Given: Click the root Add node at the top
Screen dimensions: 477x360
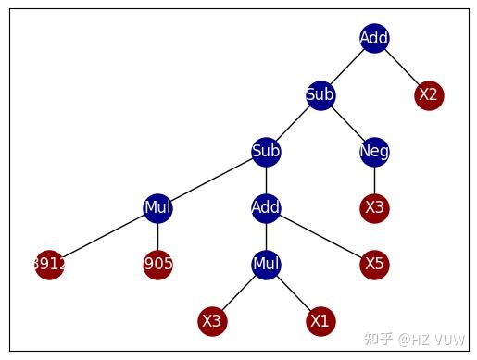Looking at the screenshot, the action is point(374,38).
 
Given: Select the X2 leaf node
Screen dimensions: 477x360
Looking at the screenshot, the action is point(428,94).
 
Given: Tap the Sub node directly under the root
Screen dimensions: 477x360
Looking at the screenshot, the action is point(320,94).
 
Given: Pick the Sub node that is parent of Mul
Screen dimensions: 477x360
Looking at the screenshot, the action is point(266,151).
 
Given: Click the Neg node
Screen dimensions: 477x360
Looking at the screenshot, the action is point(374,151).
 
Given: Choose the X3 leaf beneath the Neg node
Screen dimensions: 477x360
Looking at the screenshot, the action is point(374,207).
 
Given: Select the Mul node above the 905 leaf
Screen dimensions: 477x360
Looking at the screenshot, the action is point(157,207).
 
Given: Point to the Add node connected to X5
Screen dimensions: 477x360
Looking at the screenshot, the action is point(266,207).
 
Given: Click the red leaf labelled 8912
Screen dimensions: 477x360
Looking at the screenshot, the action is point(48,264).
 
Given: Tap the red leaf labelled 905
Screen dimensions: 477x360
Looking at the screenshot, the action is point(157,264).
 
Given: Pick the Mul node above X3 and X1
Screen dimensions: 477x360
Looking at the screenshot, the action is point(266,264).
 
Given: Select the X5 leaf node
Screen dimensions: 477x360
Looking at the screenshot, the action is point(374,264).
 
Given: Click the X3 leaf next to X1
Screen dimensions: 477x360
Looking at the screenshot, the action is point(212,320).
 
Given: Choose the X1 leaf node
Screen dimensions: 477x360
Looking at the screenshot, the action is point(320,320).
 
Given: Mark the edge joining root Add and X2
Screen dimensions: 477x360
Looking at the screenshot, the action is point(401,67).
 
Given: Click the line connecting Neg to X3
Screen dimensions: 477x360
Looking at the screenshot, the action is point(374,180).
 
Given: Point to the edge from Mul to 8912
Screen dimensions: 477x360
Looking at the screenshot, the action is point(103,236).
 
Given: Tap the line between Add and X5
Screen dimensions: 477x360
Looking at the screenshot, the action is point(320,236).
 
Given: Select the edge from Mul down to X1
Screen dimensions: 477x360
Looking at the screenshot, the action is point(293,292).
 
